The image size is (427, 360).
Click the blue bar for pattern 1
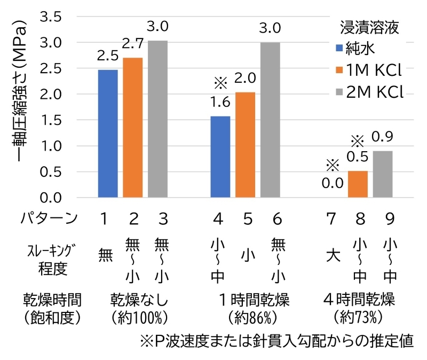pos(108,134)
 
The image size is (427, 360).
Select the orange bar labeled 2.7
pos(133,128)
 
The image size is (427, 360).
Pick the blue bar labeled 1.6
pos(220,157)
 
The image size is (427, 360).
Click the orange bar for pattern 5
pos(245,145)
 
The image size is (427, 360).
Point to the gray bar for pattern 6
pos(270,120)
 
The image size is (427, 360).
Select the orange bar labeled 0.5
pos(357,184)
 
